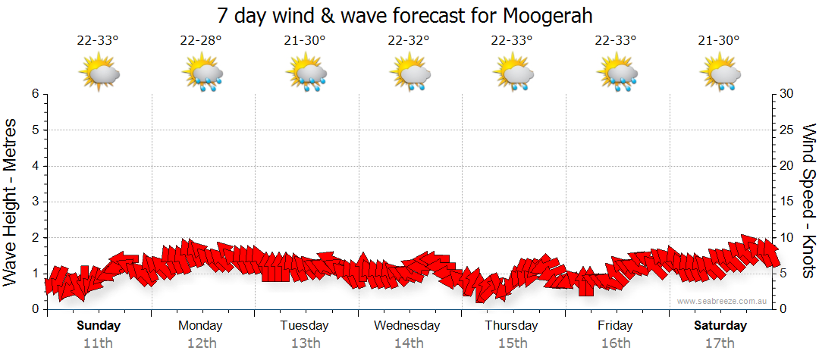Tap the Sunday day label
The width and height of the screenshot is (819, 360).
pos(98,326)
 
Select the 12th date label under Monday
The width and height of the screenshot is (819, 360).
pos(201,343)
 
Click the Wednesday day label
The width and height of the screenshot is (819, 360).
pos(407,326)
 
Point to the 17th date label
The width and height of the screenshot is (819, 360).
pos(720,343)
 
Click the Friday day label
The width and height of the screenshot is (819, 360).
pos(615,326)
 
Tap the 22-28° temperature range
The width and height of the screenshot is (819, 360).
pos(201,41)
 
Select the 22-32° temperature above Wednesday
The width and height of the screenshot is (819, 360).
pos(408,41)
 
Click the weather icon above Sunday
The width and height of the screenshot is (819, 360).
pos(99,74)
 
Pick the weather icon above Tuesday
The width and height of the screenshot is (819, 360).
pos(306,74)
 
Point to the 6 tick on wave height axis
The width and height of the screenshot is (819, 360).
pos(34,94)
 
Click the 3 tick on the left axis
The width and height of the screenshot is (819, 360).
pos(34,202)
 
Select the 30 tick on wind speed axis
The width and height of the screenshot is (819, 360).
pos(786,94)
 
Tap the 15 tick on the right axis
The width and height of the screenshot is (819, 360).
pos(786,202)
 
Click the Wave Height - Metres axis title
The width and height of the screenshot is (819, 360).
pos(11,201)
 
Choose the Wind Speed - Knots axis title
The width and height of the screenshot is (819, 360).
pos(808,201)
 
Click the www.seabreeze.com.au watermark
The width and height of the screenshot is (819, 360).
pos(723,302)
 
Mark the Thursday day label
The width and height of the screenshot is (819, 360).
pos(511,326)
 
